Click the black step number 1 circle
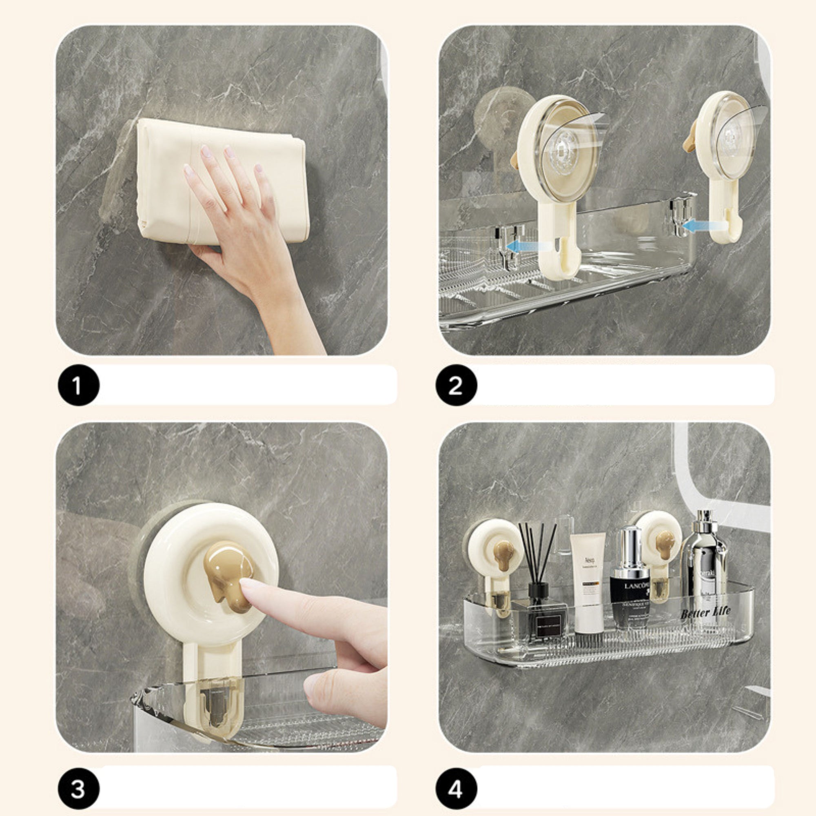pyautogui.click(x=79, y=385)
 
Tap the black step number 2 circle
pyautogui.click(x=456, y=385)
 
